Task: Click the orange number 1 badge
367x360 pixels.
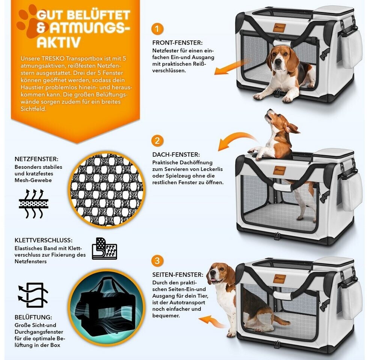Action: pos(157,29)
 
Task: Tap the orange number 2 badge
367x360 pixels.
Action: pos(157,141)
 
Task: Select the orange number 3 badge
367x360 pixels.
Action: pos(157,260)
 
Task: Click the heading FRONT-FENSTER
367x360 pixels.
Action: pos(177,43)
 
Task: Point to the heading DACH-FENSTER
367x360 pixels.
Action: pos(176,154)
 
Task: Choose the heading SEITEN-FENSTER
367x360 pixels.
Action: pos(178,274)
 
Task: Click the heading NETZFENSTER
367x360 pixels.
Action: pos(36,159)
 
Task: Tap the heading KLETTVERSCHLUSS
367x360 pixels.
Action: pos(44,240)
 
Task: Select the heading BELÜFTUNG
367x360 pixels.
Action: pos(33,317)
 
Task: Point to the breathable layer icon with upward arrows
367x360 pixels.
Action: pos(33,204)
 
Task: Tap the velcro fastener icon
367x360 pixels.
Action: pos(104,248)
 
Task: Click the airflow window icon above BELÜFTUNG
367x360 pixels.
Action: pos(33,295)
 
